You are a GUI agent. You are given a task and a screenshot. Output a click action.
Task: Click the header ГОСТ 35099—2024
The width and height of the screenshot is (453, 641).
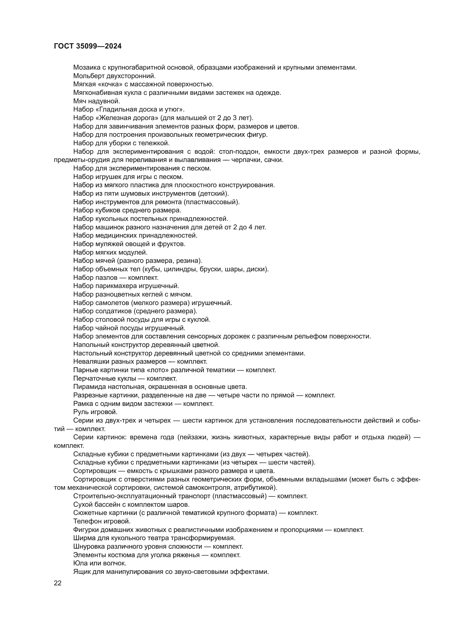click(88, 46)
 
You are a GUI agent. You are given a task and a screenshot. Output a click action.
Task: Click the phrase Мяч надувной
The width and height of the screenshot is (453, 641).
click(96, 101)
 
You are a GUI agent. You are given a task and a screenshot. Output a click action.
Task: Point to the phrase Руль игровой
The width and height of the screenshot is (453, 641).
click(95, 412)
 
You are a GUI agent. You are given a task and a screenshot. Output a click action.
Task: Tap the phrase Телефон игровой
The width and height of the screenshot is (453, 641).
click(102, 521)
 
